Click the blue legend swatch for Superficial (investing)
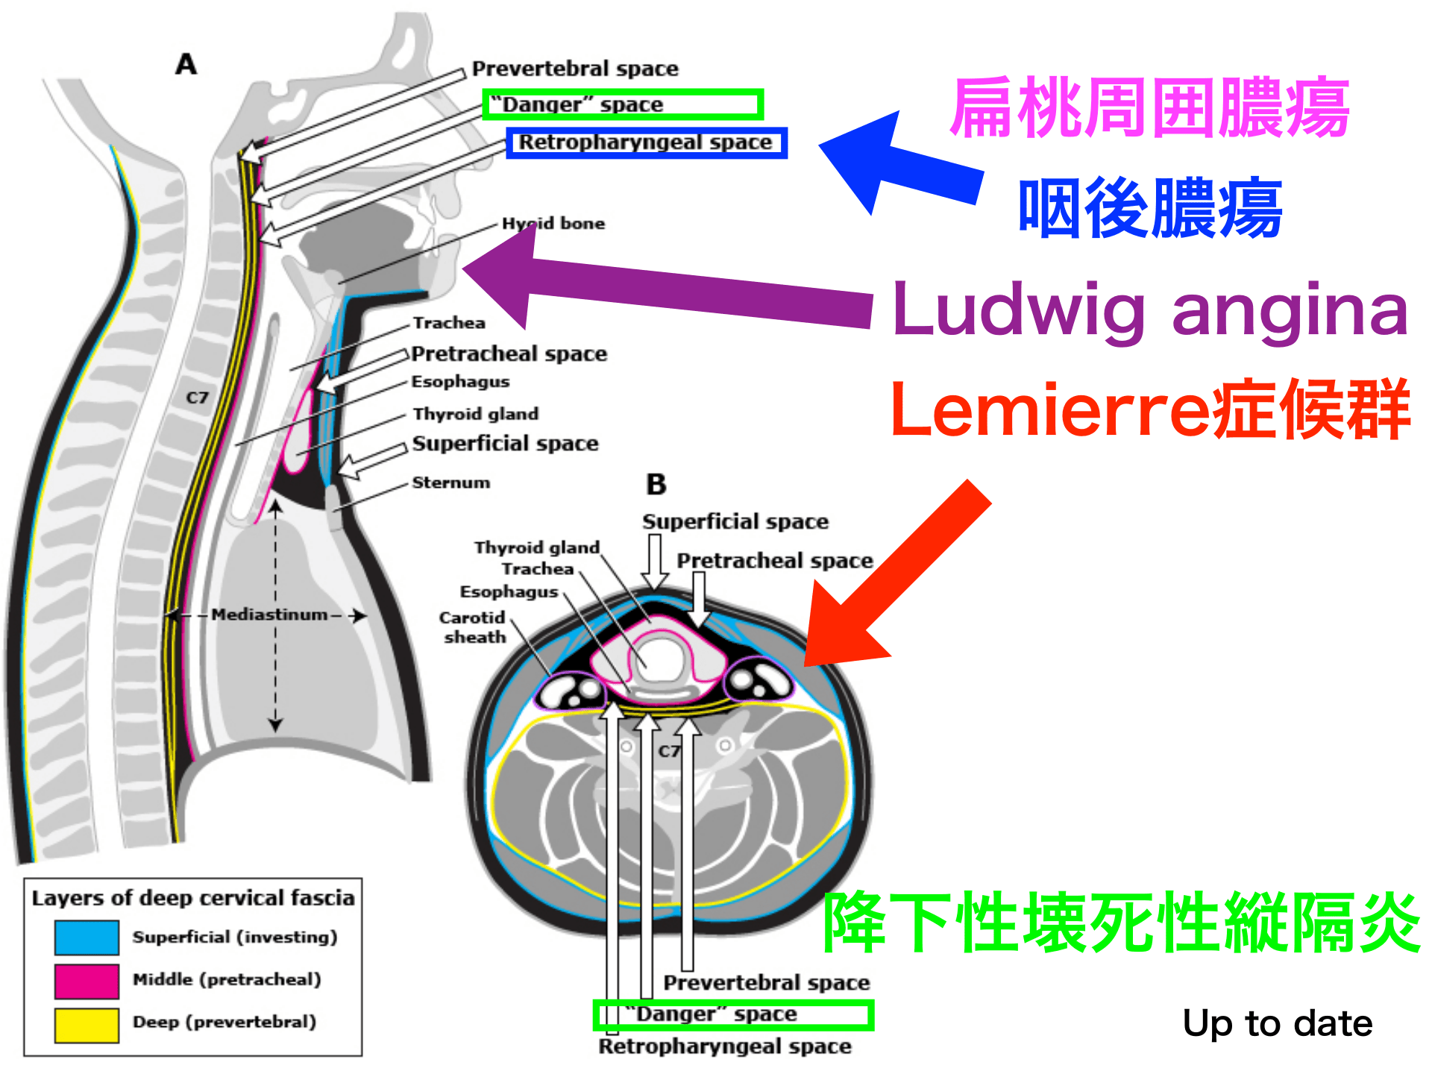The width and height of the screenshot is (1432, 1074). point(87,938)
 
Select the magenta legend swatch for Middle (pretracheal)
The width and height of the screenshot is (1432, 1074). point(87,981)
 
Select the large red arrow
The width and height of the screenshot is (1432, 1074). point(895,574)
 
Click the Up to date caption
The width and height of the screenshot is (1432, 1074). point(1277,1023)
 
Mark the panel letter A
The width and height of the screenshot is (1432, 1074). point(186,65)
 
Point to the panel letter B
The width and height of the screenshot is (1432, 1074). point(656,485)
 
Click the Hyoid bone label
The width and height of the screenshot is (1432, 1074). point(553,224)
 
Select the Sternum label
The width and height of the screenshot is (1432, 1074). point(451,483)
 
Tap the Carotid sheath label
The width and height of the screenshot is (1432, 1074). point(474,627)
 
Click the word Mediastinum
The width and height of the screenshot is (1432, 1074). point(269,615)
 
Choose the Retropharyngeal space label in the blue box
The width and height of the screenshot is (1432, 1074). point(646,142)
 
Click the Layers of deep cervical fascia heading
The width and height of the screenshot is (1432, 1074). point(193,898)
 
